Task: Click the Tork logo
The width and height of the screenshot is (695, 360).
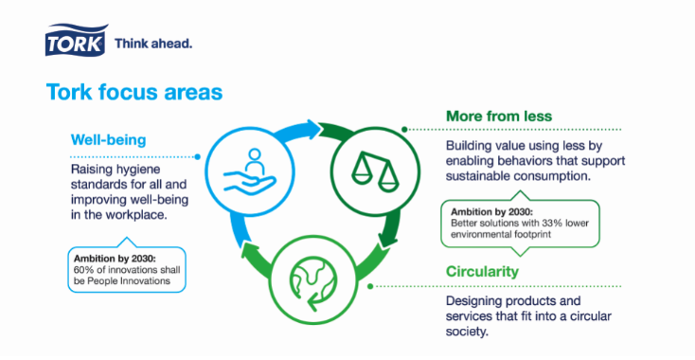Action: coord(76,40)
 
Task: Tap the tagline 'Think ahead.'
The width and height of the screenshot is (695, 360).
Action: coord(153,44)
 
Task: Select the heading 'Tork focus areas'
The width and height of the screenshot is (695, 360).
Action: coord(134,92)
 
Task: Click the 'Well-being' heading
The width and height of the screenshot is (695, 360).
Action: coord(108,140)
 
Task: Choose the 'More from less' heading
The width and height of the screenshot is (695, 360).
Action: coord(499,117)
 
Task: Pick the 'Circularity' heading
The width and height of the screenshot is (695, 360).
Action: coord(482,271)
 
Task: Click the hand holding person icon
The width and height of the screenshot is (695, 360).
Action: coord(250,171)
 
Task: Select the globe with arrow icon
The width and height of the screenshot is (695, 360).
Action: coord(313,282)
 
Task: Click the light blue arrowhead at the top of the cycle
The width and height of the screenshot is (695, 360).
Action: coord(312,129)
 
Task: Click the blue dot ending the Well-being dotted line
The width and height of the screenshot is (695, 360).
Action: coord(197,157)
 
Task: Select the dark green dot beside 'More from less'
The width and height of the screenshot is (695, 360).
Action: coord(404,130)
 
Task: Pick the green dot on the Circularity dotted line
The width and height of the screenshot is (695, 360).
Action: coord(370,286)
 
